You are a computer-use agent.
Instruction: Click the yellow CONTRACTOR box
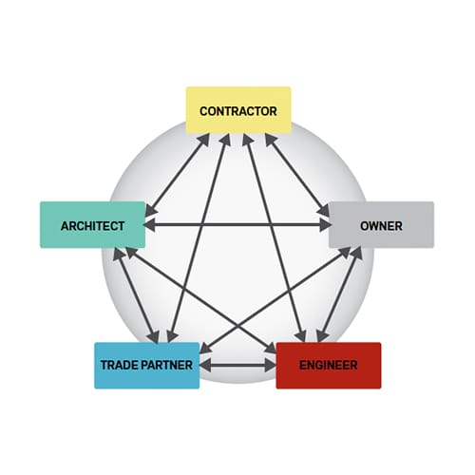(x=238, y=110)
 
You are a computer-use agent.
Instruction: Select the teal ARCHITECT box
(x=93, y=225)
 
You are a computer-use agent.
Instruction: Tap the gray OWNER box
(x=381, y=225)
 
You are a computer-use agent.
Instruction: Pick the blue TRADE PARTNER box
(x=147, y=366)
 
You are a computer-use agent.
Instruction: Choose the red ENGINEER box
(x=329, y=366)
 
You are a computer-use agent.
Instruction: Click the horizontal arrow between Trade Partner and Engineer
(x=237, y=366)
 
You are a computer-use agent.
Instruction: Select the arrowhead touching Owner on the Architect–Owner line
(x=325, y=225)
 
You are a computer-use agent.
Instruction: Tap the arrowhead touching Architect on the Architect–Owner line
(x=150, y=225)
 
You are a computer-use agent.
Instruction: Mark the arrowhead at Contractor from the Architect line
(x=204, y=139)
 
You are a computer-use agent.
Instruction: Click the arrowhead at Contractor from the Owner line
(x=271, y=139)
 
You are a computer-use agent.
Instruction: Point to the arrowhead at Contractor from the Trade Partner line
(x=226, y=140)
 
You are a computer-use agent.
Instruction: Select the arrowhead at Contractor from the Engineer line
(x=248, y=140)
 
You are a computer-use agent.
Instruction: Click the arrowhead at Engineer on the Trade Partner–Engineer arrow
(x=270, y=366)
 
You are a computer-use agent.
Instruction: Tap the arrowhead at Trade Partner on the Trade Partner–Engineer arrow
(x=206, y=366)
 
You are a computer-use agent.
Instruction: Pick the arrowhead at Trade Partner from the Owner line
(x=206, y=348)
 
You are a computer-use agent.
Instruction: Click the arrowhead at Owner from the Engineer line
(x=357, y=254)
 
